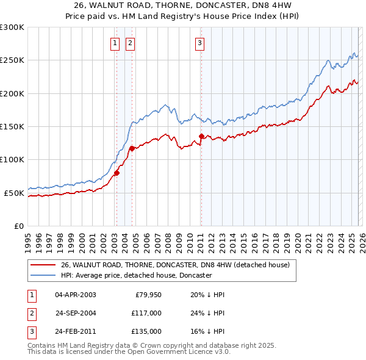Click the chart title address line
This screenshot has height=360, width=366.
tap(183, 5)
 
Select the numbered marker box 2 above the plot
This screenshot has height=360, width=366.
tap(131, 43)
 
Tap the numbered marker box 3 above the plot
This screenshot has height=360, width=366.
tap(199, 43)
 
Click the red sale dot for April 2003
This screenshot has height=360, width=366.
tap(117, 173)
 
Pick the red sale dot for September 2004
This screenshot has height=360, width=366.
tap(132, 147)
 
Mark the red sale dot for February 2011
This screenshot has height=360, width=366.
tap(201, 136)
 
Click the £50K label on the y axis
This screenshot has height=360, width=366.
tap(14, 193)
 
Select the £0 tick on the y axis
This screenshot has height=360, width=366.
tap(18, 226)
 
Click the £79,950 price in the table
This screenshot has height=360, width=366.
tap(146, 295)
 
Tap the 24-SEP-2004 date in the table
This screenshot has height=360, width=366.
tap(76, 313)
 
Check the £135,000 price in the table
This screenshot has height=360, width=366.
tap(146, 331)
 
